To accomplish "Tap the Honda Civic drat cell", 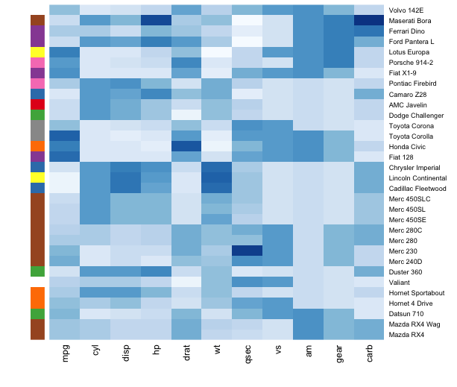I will tap(186, 146).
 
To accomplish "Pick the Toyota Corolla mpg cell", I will tap(65, 136).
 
